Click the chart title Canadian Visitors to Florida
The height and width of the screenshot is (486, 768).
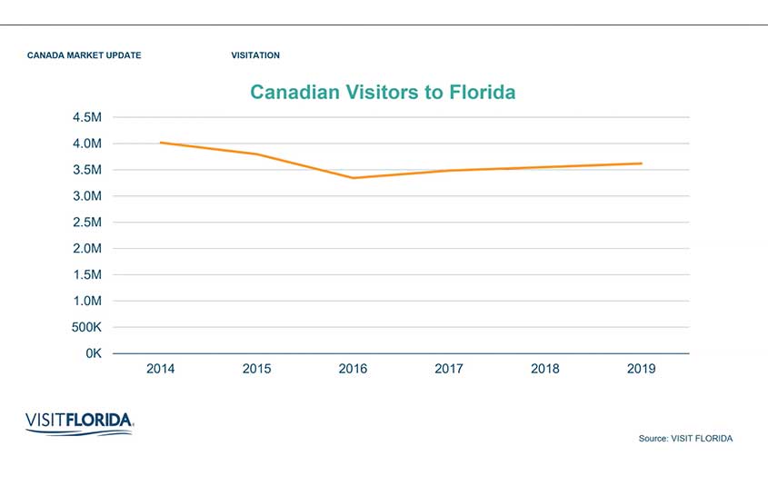tap(383, 93)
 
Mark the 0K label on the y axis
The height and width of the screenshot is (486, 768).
tap(93, 353)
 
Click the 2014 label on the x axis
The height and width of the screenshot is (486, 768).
tap(161, 369)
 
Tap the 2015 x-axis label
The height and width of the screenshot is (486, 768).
tap(256, 369)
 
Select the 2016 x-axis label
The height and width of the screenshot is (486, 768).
tap(353, 369)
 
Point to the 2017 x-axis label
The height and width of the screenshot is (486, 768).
tap(449, 369)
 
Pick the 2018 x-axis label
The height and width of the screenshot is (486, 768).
tap(544, 369)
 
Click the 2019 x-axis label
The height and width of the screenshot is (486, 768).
tap(641, 369)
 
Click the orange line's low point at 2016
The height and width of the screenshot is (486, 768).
tap(354, 178)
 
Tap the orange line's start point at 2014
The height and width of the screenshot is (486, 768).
tap(161, 143)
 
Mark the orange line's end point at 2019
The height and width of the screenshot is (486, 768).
tap(641, 164)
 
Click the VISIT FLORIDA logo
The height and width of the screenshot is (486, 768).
tap(80, 422)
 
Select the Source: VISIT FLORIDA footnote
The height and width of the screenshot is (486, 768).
tap(685, 439)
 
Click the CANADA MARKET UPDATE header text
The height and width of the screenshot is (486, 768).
tap(85, 55)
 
